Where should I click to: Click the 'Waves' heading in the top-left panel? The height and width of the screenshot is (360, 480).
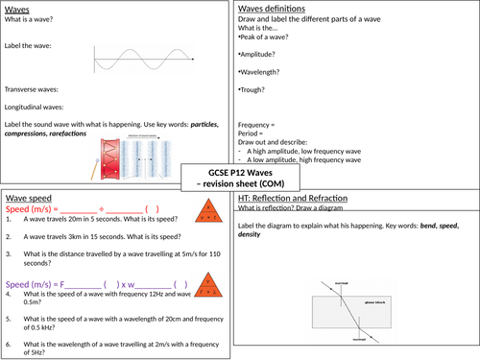[19, 9]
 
